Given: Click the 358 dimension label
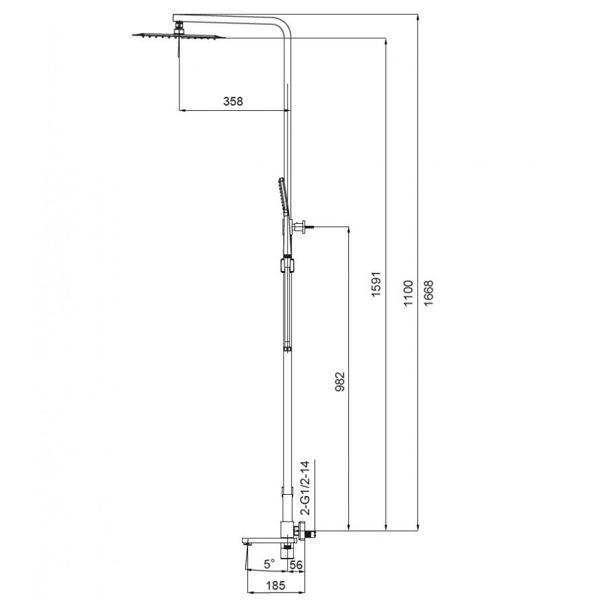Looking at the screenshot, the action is click(x=233, y=101).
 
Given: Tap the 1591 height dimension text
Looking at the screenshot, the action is click(x=376, y=284).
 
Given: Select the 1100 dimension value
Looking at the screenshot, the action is click(x=408, y=293).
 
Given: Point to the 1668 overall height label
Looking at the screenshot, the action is click(x=429, y=293).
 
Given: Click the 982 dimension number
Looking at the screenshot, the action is click(x=339, y=382).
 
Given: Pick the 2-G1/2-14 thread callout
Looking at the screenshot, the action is click(x=305, y=488).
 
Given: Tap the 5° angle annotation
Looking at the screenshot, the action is click(x=270, y=564).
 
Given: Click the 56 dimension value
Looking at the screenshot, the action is click(x=296, y=565).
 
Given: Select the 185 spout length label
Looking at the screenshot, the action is click(x=276, y=586).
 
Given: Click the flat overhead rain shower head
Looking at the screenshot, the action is click(x=178, y=36).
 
